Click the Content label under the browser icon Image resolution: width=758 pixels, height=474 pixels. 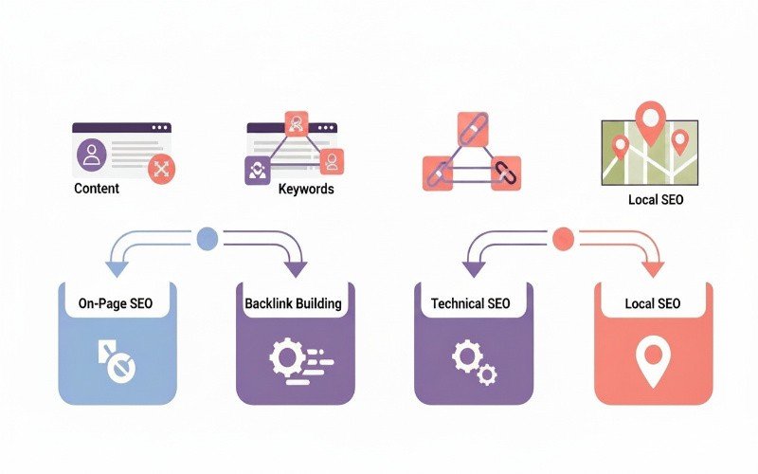(97, 189)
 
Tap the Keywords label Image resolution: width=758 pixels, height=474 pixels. (306, 189)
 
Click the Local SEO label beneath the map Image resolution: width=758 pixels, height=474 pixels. (655, 200)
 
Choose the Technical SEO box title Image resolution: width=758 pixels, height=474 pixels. (470, 303)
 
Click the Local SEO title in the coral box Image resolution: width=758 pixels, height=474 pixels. (652, 303)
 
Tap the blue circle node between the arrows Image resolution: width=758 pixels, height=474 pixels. (206, 239)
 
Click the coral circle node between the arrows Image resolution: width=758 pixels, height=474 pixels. (563, 238)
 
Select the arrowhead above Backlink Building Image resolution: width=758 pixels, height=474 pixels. (296, 269)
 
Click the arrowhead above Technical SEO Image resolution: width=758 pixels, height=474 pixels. (472, 269)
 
